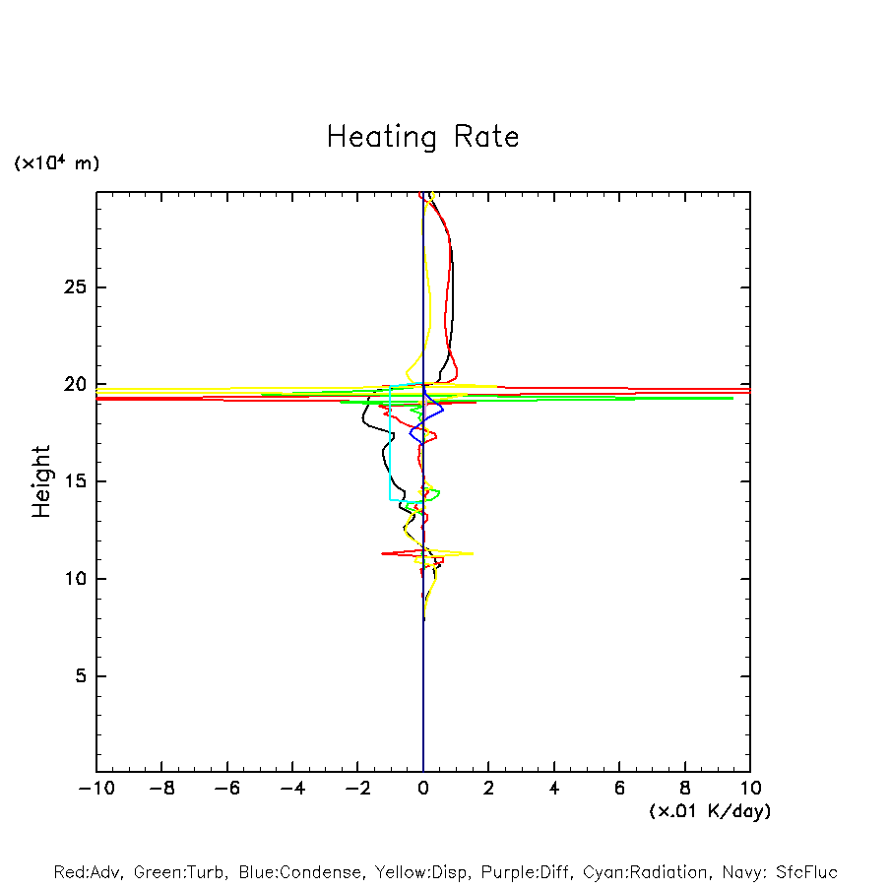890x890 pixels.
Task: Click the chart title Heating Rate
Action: point(422,137)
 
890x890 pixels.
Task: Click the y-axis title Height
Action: point(41,481)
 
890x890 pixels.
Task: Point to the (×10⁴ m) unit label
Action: point(56,163)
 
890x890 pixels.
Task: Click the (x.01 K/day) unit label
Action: point(709,811)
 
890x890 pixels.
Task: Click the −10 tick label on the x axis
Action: point(95,789)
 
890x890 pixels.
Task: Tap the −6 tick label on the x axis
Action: point(226,789)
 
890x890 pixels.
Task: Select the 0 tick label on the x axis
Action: point(423,789)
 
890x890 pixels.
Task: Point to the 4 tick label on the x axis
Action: point(554,789)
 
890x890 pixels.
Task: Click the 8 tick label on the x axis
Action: point(685,789)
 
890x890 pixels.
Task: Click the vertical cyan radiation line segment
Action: point(391,443)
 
